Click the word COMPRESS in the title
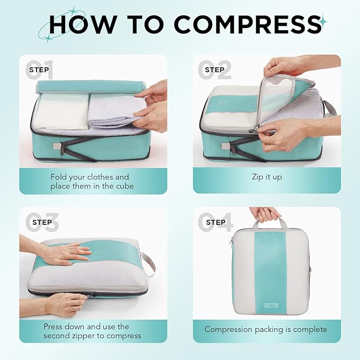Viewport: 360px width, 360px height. (x=247, y=24)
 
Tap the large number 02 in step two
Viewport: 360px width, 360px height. (x=215, y=70)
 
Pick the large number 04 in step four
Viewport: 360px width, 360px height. (x=215, y=222)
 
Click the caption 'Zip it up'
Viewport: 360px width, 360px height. (x=267, y=177)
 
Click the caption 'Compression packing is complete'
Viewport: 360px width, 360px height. (x=266, y=329)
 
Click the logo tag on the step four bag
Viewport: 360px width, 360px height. (x=270, y=305)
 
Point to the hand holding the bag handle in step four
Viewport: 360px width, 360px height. (x=266, y=213)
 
